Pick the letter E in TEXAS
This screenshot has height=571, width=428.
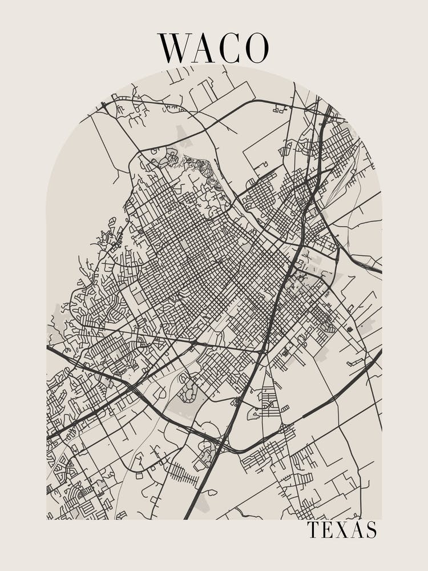[328, 530]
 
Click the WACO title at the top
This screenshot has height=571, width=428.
[213, 48]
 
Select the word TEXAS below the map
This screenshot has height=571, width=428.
[342, 530]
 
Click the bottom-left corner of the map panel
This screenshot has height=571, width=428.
[47, 519]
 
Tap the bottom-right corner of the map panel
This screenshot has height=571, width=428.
[381, 519]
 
